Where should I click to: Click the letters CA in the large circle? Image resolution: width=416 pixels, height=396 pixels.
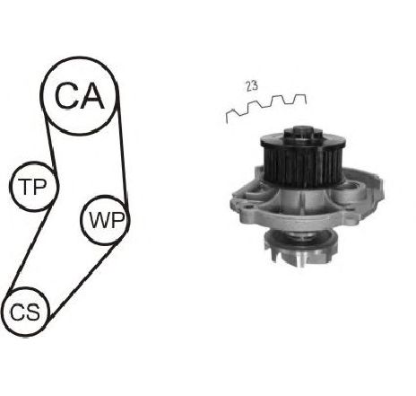pos(80,95)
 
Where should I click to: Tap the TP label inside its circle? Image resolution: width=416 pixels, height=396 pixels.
pos(32,187)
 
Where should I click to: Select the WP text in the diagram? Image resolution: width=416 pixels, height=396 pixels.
pos(107,220)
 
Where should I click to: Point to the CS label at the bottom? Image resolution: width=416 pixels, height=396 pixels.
pos(25,312)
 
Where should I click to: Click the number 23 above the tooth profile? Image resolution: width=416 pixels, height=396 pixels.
pos(252,86)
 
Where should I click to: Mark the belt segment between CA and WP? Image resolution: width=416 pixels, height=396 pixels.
pos(123,145)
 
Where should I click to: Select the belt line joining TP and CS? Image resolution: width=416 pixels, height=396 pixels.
pos(30,247)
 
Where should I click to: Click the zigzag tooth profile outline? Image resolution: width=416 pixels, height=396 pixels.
pos(266,105)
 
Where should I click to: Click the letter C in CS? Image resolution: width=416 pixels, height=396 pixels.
pos(17,312)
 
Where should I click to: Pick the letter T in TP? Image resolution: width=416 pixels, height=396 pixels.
pos(24,187)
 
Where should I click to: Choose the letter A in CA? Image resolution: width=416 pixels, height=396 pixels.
pos(92,95)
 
